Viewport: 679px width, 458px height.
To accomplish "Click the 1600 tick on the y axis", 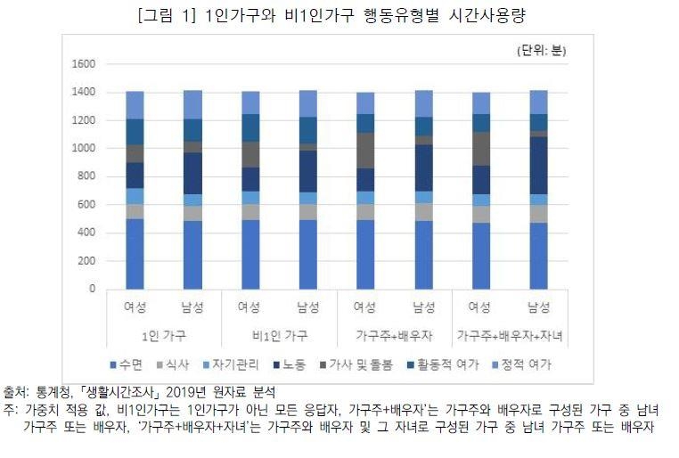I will click(84, 64).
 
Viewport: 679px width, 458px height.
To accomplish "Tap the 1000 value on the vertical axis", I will click(84, 149).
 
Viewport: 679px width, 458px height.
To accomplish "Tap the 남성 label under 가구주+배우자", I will click(422, 309).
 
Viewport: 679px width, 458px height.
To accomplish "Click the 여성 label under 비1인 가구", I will click(250, 309).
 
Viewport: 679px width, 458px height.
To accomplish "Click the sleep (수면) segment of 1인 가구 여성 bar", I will click(135, 254).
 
